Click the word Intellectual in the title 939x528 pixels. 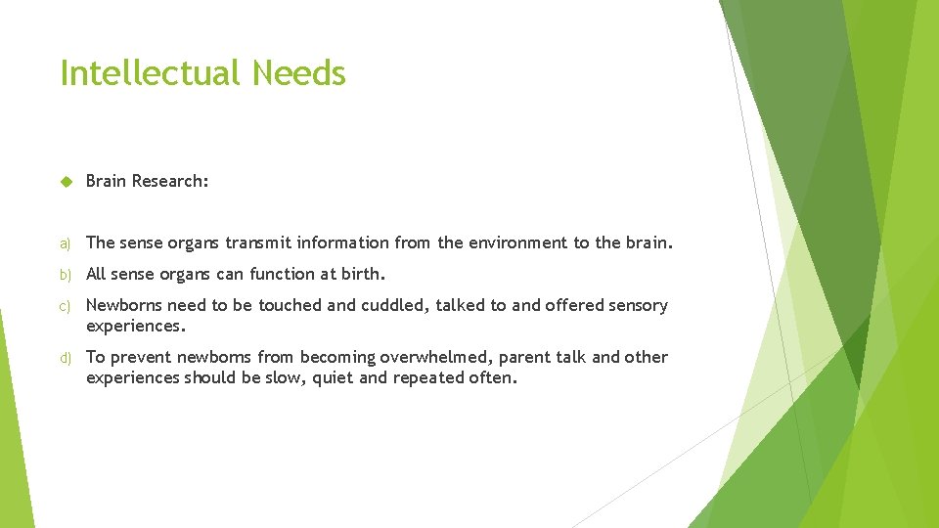pos(151,73)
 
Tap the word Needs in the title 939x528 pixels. pos(298,73)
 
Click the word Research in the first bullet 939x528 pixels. pos(170,181)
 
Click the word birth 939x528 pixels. pos(361,274)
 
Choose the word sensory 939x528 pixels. pos(638,305)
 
